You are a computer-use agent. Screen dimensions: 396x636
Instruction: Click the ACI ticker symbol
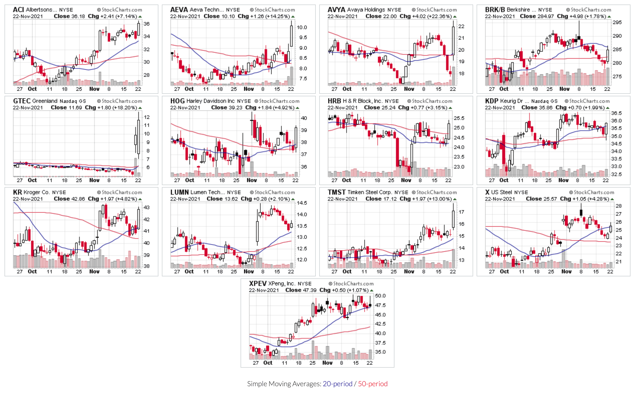[18, 10]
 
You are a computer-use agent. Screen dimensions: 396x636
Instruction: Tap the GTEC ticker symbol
[22, 101]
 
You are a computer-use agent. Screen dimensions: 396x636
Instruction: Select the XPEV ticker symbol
[257, 283]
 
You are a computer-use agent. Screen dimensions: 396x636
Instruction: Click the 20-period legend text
[337, 384]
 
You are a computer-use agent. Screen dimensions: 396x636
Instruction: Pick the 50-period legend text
[373, 384]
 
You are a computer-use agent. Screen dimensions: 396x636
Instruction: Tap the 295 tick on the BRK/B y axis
[617, 23]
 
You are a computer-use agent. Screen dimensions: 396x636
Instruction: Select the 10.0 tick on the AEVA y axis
[302, 28]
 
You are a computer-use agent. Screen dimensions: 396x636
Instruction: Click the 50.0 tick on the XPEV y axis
[380, 296]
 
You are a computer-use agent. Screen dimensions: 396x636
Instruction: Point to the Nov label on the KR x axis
[94, 272]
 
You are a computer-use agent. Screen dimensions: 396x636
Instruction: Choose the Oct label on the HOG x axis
[189, 180]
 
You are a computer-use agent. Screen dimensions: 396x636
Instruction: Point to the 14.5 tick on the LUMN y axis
[302, 203]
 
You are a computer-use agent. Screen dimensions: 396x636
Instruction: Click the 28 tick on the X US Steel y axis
[618, 206]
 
